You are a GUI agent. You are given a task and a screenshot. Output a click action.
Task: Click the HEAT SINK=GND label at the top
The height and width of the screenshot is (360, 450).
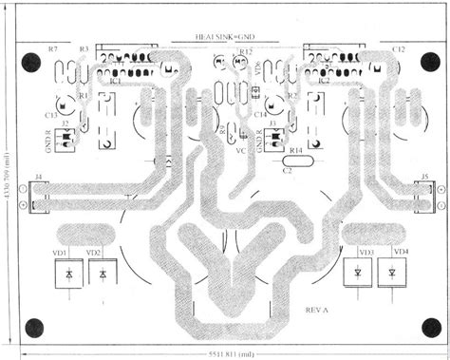pos(225,36)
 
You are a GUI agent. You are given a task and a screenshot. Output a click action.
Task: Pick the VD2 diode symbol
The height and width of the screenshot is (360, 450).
pos(102,274)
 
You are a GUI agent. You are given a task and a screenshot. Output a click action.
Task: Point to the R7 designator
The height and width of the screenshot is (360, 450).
pos(52,47)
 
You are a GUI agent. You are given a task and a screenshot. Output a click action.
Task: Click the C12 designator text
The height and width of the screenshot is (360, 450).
pos(398,47)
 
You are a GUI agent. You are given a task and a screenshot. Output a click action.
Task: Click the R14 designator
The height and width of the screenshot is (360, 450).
pos(295,151)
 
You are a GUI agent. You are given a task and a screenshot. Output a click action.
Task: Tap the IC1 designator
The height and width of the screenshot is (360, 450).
pos(115,82)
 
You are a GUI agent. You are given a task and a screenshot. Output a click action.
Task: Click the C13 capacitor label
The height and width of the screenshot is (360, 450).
pos(51,113)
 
